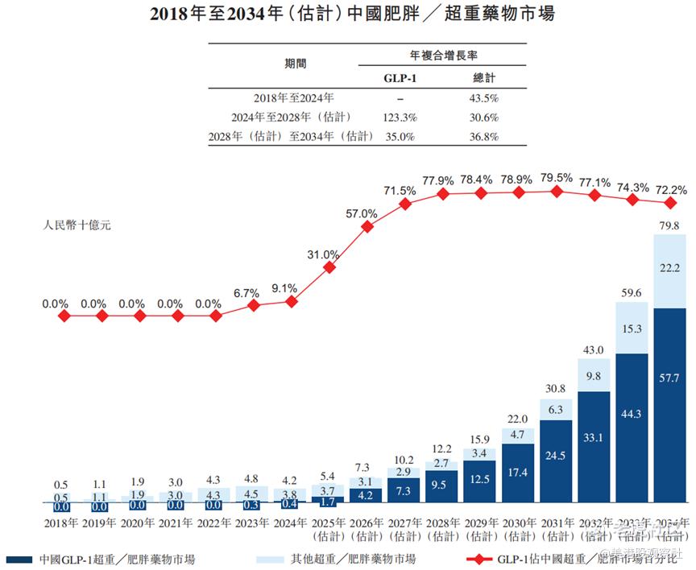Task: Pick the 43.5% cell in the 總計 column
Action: coord(485,98)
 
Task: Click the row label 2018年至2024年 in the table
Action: coord(292,98)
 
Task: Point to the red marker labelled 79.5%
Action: coord(557,191)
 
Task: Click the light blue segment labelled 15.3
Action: coord(632,328)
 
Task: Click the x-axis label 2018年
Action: coord(61,523)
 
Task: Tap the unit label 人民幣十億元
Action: coord(77,225)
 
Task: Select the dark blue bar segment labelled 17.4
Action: coord(518,473)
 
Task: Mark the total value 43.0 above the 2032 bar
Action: coord(594,350)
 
